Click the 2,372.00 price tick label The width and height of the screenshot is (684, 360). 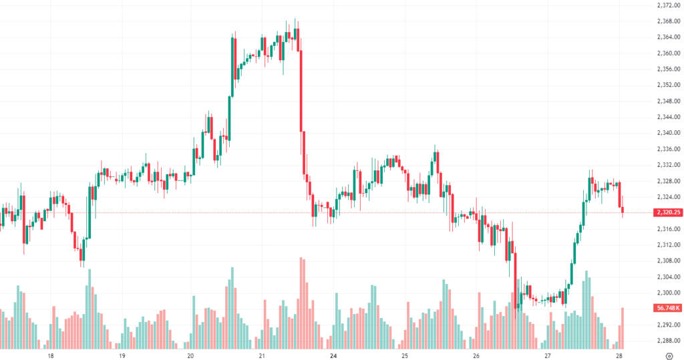(668, 5)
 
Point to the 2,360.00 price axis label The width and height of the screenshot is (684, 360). (668, 53)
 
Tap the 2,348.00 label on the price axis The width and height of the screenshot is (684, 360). (668, 101)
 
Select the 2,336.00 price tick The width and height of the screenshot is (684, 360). (668, 149)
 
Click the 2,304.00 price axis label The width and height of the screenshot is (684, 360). (668, 277)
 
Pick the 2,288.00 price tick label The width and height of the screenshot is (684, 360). (668, 341)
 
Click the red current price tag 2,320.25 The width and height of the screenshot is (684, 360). (668, 212)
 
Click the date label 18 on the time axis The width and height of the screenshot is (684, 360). (51, 355)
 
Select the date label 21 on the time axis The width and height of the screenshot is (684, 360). (262, 355)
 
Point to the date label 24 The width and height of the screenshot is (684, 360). (333, 355)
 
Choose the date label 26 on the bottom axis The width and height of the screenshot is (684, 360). (476, 355)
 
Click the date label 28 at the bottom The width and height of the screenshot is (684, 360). (619, 355)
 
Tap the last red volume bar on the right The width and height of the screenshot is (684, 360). (623, 327)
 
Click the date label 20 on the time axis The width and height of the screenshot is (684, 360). (190, 355)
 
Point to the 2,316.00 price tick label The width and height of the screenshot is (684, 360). (668, 229)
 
